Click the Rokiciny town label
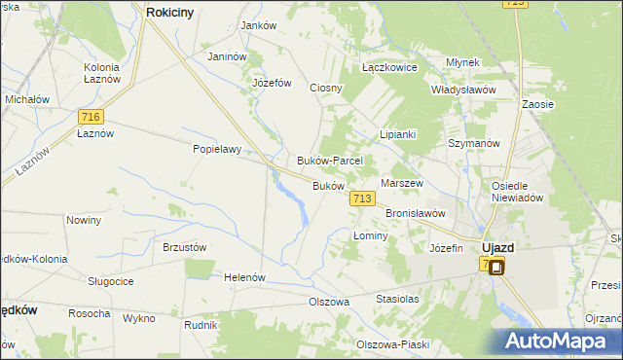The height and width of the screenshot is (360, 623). pos(173,13)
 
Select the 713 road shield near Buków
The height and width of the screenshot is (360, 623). pos(361,198)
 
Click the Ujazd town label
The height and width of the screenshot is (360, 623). pos(498,247)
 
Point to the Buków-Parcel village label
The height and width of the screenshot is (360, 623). pos(329,161)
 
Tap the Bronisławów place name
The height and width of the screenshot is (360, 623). pos(416,212)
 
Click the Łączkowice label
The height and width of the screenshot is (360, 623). pos(389,68)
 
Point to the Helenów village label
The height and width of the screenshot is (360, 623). pos(244,277)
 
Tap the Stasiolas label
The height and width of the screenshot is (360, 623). pos(397,300)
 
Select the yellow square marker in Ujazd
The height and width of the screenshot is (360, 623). pos(495,268)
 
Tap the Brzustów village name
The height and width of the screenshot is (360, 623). pos(184,247)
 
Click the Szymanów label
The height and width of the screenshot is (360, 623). pos(473,142)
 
